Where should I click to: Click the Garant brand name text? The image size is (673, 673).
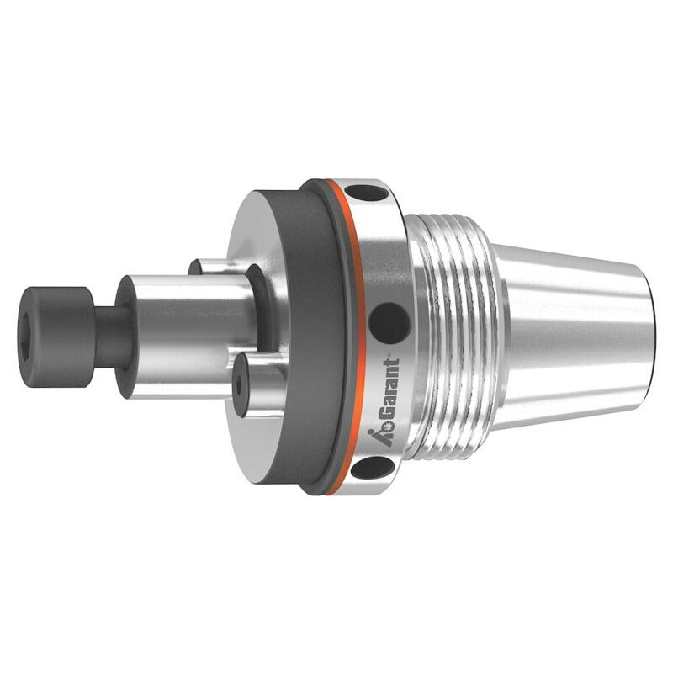[389, 389]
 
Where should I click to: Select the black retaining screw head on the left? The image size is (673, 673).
[57, 337]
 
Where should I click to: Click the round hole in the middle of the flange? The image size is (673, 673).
[389, 323]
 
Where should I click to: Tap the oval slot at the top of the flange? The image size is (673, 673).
[366, 193]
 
